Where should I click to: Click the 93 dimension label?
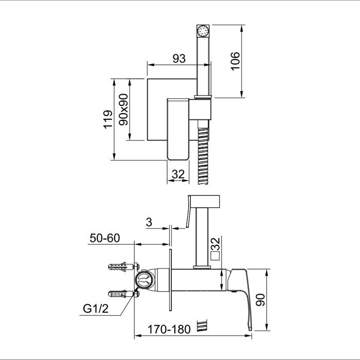(178, 59)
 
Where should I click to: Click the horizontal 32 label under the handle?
(178, 174)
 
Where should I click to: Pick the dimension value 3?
(149, 222)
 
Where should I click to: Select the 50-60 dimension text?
(104, 238)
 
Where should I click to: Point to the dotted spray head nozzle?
(204, 29)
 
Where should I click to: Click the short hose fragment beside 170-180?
(205, 325)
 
